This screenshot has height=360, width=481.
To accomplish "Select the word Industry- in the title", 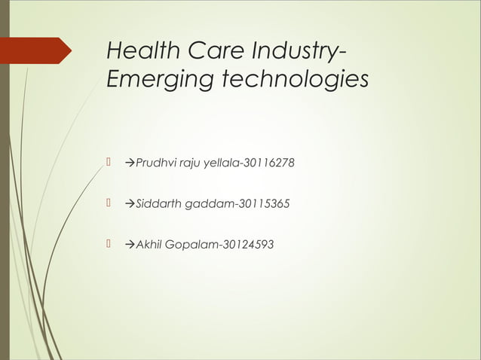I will [x=297, y=52].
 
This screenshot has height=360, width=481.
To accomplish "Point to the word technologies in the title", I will [x=290, y=80].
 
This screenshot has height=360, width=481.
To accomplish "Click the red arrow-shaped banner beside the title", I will [x=37, y=50].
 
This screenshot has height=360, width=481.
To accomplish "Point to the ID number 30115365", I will [x=257, y=204].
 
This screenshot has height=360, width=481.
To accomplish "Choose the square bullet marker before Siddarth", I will [x=109, y=203].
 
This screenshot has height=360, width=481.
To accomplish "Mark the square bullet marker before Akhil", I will [x=109, y=243].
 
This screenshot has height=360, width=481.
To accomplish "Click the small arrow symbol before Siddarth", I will [x=129, y=204].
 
